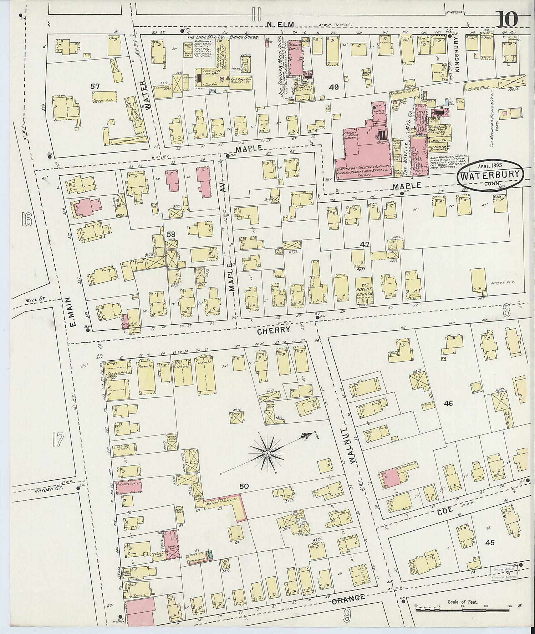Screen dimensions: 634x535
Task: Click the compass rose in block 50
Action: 267,453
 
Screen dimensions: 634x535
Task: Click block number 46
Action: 448,403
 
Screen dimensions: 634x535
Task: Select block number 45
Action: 490,543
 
